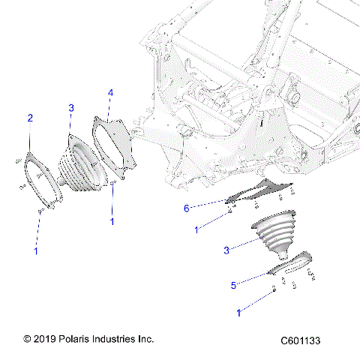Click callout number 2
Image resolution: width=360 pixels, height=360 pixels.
30,118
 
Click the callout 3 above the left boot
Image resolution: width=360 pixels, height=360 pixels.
71,109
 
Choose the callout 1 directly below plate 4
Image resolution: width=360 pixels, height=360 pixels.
113,222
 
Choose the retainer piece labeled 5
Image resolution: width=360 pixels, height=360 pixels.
292,262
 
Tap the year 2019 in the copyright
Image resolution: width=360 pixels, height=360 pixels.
42,339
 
